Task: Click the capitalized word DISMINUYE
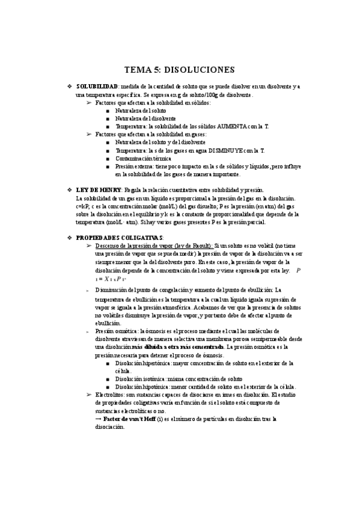[219, 150]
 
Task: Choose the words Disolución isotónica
[141, 379]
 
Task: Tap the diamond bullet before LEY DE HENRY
[69, 189]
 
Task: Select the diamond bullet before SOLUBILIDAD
[69, 87]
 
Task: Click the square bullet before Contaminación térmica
[107, 158]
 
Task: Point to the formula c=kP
[84, 205]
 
